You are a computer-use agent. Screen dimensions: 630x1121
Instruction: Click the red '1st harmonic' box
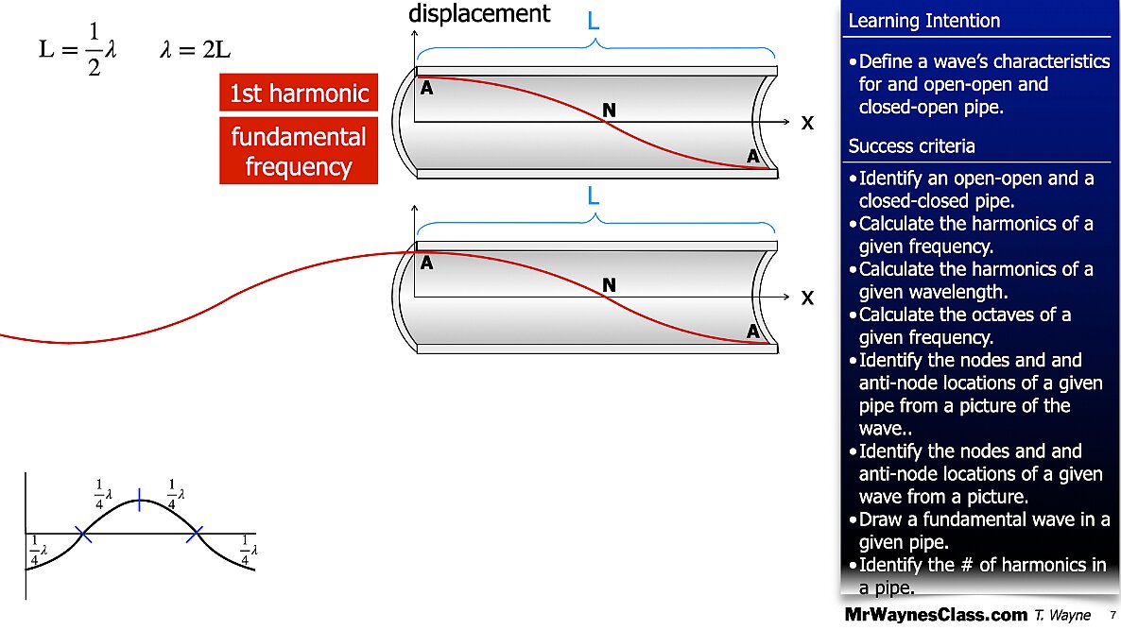coord(298,94)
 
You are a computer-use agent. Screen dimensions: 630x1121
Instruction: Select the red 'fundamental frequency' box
coord(298,151)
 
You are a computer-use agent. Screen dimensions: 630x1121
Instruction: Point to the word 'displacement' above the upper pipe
coord(478,13)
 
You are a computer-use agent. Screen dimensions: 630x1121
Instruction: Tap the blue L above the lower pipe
coord(594,197)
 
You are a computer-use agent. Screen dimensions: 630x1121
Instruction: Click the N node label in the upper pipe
coord(610,111)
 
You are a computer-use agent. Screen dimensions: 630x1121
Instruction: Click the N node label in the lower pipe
coord(610,285)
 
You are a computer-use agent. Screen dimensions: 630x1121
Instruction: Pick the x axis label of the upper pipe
coord(807,124)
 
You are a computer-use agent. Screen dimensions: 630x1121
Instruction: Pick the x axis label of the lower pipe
coord(807,298)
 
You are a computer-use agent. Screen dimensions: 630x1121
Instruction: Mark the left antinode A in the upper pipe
coord(427,88)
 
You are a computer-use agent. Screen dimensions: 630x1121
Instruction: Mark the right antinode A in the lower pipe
coord(753,332)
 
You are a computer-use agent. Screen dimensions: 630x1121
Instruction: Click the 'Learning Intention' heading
coord(923,21)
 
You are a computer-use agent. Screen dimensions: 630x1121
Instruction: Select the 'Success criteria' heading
coord(911,146)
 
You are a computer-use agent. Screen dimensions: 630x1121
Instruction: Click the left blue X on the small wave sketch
coord(83,535)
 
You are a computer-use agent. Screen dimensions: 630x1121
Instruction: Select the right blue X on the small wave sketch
coord(195,535)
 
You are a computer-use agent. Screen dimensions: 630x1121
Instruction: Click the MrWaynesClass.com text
coord(934,615)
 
